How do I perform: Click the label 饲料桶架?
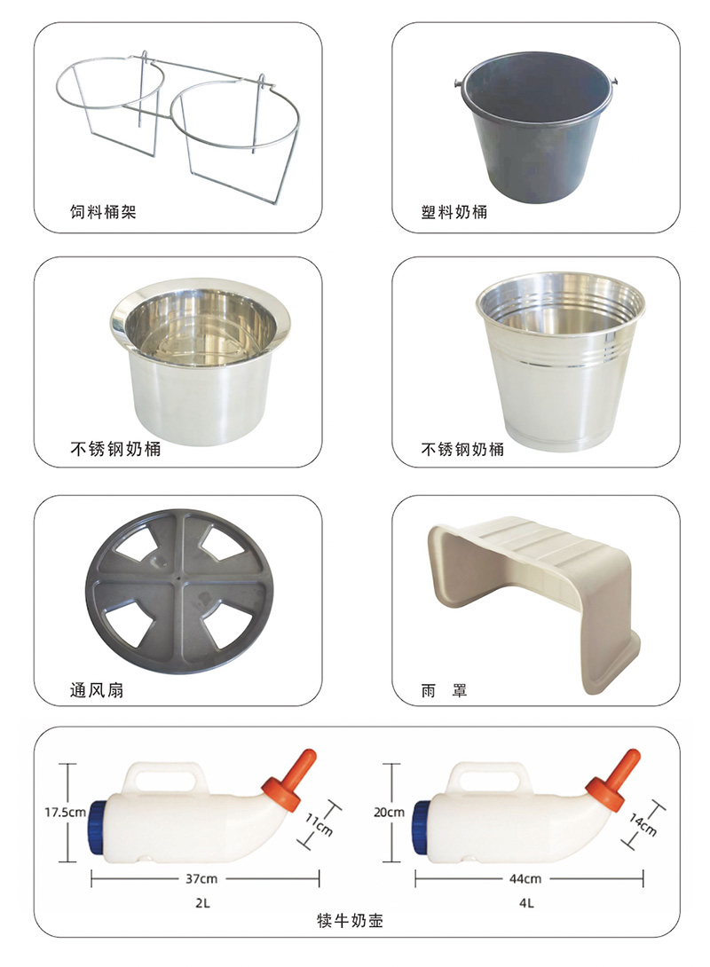click(103, 213)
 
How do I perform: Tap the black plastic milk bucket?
click(533, 124)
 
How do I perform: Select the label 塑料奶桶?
click(454, 213)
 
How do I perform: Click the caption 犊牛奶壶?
click(351, 923)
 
